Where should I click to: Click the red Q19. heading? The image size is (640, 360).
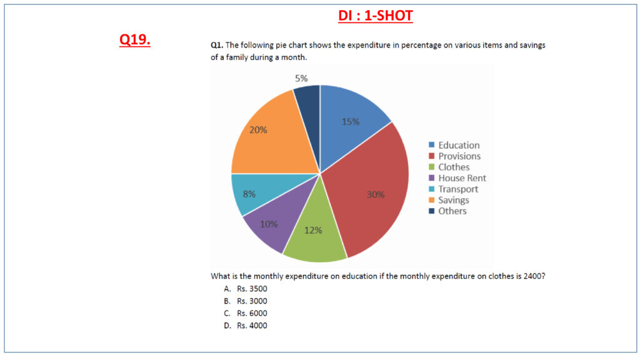coord(135,40)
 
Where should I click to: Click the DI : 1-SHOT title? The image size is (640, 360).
coord(376,16)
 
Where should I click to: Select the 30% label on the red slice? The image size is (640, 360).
coord(376,194)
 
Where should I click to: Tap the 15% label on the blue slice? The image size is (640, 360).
coord(351,122)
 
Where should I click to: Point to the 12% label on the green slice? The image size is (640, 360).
coord(313,230)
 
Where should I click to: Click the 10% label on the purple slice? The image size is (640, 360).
coord(269,224)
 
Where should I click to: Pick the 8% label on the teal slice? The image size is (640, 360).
coord(249,194)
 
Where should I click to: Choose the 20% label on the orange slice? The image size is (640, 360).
coord(259,130)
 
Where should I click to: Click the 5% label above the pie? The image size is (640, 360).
coord(301,79)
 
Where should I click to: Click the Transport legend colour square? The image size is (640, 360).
coord(431,189)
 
